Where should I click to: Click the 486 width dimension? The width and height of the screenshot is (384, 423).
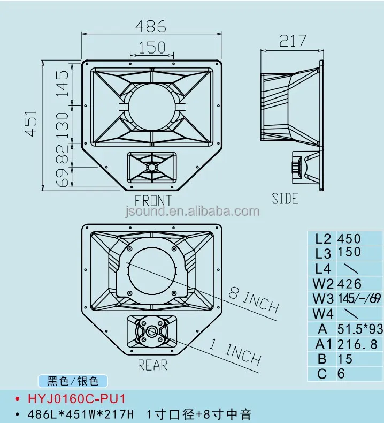(x=150, y=26)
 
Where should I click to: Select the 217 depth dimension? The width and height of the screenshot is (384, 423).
(x=293, y=41)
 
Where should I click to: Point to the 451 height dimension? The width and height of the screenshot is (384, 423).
(x=31, y=124)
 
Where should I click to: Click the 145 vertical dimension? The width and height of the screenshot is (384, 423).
(x=63, y=82)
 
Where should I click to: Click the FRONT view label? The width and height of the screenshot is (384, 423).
(x=153, y=201)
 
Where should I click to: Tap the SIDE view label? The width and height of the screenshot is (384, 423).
(x=285, y=199)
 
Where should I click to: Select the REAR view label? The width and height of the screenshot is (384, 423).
(x=152, y=365)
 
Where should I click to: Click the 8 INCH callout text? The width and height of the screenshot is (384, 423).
(x=254, y=300)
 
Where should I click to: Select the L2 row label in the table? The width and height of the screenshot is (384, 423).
(x=323, y=239)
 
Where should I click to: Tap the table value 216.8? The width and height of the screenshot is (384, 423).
(x=357, y=343)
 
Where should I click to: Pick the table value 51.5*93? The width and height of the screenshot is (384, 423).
(x=359, y=328)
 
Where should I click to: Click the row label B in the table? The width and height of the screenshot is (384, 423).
(x=322, y=358)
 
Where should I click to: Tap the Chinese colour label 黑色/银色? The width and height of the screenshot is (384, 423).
(x=73, y=381)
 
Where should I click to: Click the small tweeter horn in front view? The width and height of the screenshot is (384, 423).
(x=152, y=167)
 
